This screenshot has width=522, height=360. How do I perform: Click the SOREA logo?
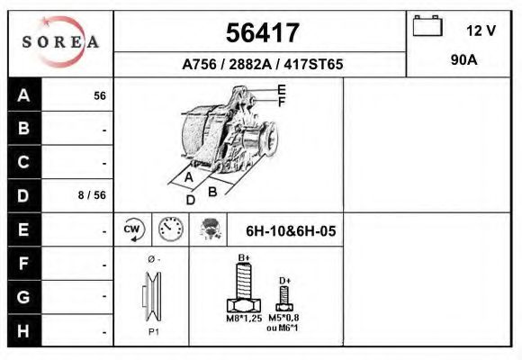(60, 42)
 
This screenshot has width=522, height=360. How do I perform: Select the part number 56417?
(261, 33)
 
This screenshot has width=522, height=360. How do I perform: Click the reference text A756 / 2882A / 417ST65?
(262, 65)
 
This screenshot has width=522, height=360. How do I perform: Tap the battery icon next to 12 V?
(426, 28)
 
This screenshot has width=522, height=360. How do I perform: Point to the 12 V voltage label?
(481, 31)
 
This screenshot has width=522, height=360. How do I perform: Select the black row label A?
(24, 95)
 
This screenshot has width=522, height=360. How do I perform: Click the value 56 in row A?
(100, 96)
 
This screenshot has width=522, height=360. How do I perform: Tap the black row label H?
(24, 330)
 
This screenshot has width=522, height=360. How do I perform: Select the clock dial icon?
(169, 229)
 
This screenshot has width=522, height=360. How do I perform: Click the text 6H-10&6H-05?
(291, 231)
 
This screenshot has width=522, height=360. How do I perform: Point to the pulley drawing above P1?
(151, 296)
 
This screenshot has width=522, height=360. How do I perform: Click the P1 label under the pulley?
(152, 332)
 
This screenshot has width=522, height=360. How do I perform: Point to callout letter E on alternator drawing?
(282, 89)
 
